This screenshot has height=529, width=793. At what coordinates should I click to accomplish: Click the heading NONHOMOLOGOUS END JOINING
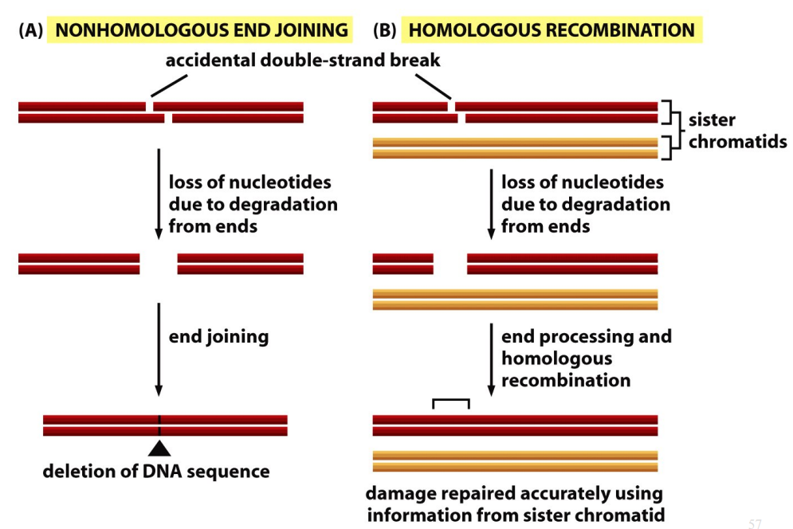point(202,30)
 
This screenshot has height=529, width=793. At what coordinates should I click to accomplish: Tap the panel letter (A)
point(32,30)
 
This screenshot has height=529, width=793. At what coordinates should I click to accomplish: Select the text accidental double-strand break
point(303,61)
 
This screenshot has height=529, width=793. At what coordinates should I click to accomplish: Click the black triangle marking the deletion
point(159,448)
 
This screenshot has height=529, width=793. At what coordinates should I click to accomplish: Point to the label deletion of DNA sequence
point(156,471)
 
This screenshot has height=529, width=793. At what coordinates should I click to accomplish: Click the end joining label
point(218,336)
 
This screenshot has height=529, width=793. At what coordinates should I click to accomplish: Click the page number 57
point(755,523)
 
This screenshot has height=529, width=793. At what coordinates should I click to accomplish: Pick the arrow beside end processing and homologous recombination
point(491,359)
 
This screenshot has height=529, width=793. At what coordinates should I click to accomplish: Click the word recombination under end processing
point(565,380)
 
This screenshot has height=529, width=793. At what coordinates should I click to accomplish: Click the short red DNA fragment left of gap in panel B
point(403,264)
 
